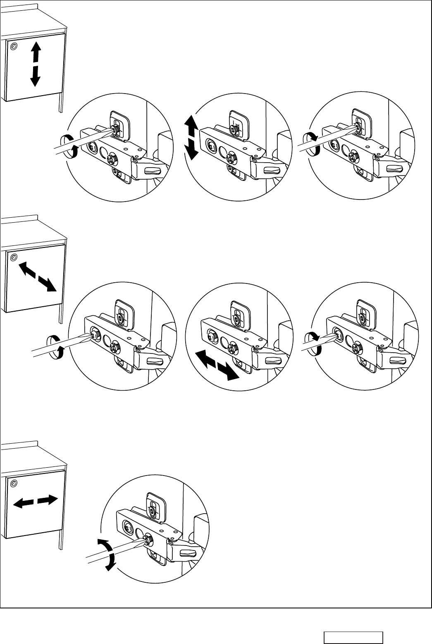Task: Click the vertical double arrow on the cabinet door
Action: click(x=36, y=65)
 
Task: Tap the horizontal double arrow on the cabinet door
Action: click(x=35, y=502)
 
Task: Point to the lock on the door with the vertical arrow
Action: click(x=14, y=46)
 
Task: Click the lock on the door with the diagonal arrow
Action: click(x=14, y=258)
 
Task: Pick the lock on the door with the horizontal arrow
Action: click(x=14, y=483)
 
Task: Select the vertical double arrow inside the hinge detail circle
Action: click(x=191, y=138)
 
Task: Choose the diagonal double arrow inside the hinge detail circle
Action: click(x=217, y=364)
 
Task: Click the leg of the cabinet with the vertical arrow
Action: click(x=61, y=103)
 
